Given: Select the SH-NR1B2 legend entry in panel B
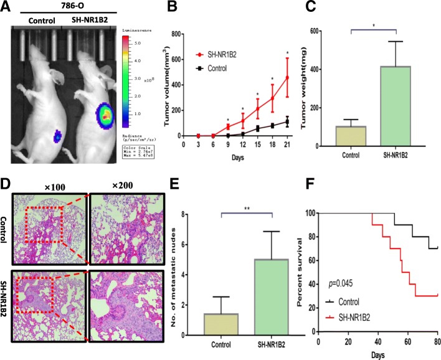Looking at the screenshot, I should point(216,55).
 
